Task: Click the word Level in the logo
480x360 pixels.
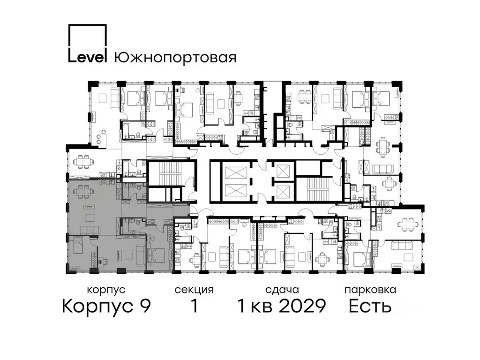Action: point(88,57)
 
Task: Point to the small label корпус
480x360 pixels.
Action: point(106,290)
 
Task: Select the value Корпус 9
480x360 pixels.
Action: point(106,307)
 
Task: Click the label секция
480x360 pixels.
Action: point(194,290)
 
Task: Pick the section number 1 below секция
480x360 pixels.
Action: point(194,307)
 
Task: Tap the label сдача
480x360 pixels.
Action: point(281,290)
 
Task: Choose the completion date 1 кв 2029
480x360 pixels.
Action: point(281,307)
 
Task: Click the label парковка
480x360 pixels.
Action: point(370,290)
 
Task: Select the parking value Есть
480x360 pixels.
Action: point(370,307)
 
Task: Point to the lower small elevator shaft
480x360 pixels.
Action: point(283,191)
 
